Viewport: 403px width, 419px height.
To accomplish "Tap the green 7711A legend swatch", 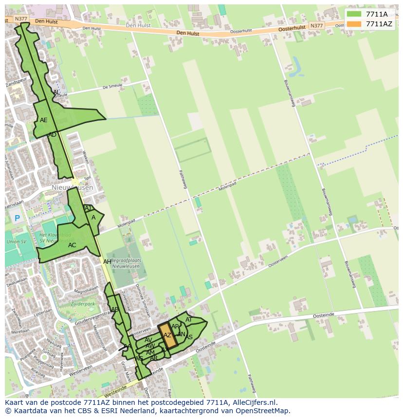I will [354, 14].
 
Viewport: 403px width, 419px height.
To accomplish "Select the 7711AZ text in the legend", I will [379, 24].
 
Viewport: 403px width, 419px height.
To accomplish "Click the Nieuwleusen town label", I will [72, 187].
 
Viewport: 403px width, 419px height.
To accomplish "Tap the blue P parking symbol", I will [18, 219].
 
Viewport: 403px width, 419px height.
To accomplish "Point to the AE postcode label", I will [44, 120].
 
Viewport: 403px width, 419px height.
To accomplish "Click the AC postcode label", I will [72, 245].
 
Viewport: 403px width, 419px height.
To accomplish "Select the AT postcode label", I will [189, 320].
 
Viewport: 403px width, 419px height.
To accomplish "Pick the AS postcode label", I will [189, 337].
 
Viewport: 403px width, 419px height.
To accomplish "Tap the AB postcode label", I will [115, 310].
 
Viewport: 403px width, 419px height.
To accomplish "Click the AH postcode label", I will [107, 262].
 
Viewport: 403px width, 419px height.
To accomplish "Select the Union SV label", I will [17, 242].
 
